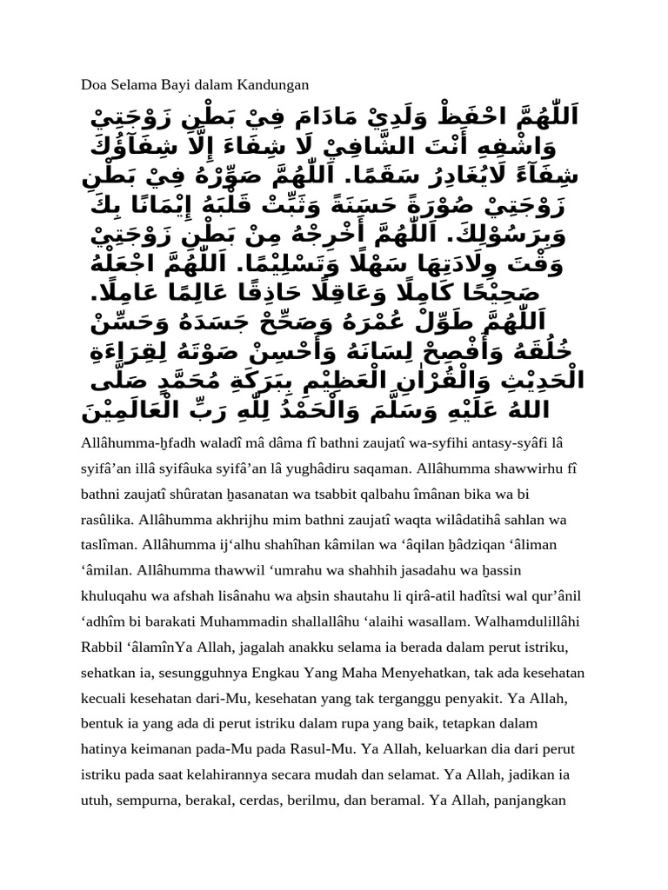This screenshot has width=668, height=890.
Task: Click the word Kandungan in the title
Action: [x=273, y=84]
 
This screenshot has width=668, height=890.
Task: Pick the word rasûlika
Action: [x=107, y=520]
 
